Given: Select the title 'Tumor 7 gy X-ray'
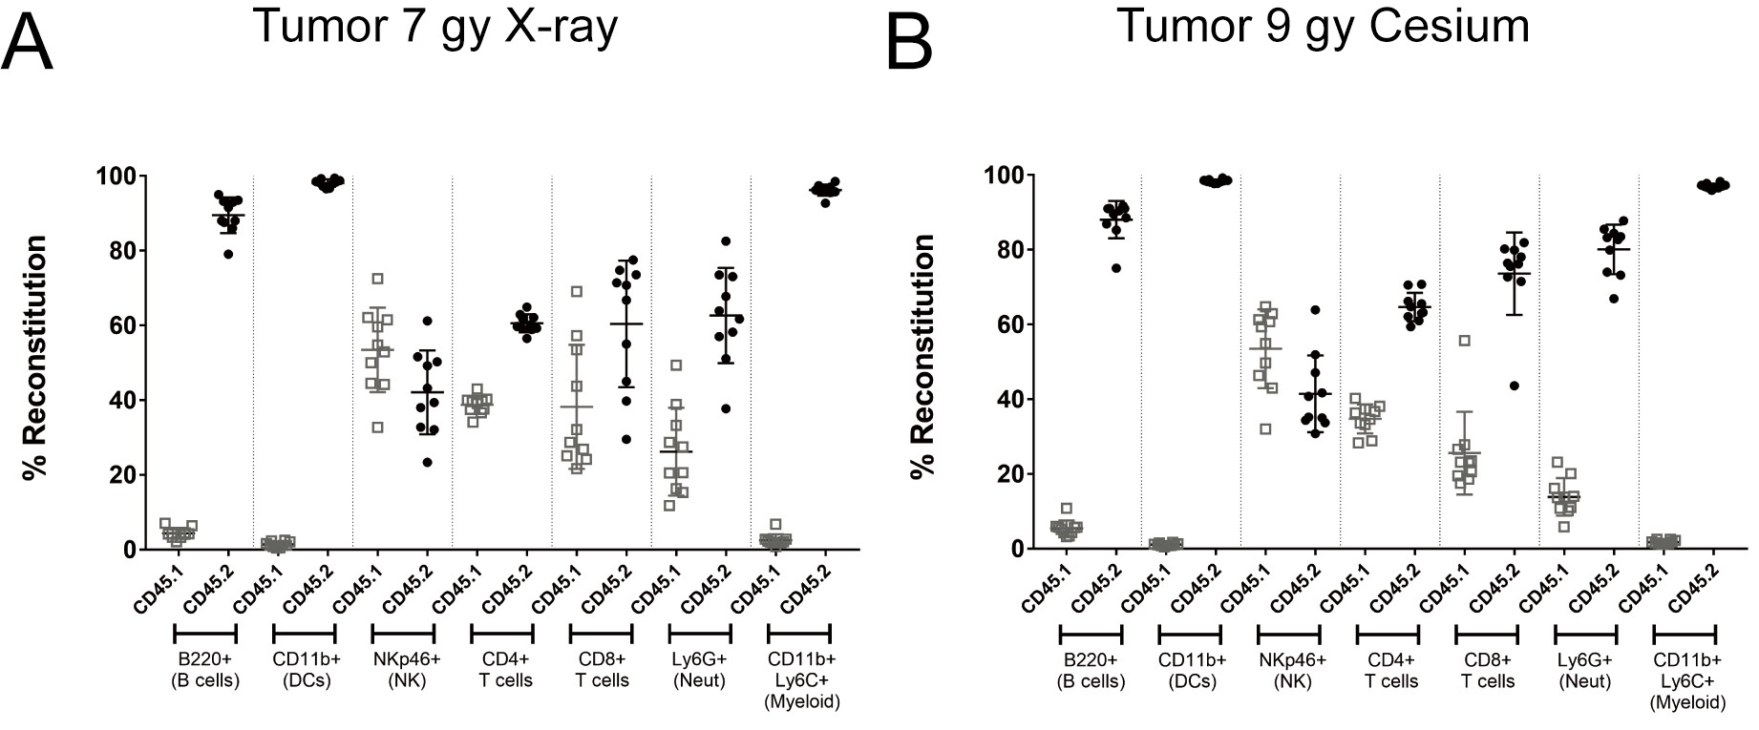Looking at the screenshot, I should (x=435, y=26).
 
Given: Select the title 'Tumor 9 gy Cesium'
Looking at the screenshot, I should (x=1323, y=26).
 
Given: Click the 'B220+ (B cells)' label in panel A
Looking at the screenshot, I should (x=204, y=670).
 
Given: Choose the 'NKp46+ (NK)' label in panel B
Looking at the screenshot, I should (x=1289, y=671).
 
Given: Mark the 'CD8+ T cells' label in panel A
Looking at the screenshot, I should (x=602, y=670).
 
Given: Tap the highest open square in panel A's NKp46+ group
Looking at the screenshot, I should (x=378, y=279).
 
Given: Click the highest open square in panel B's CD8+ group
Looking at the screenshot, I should (x=1463, y=341).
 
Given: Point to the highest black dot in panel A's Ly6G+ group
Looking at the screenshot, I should (x=726, y=241).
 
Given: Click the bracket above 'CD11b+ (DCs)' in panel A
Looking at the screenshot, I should (x=304, y=634).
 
